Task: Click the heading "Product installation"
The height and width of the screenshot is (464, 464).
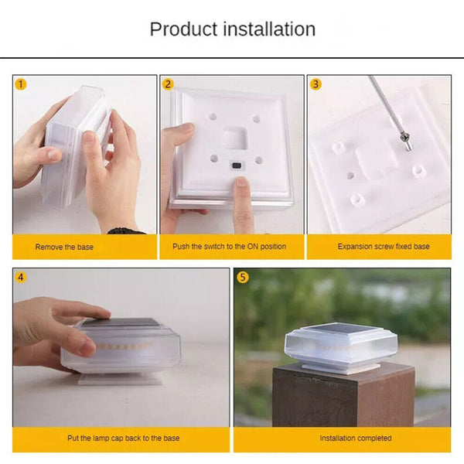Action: [233, 29]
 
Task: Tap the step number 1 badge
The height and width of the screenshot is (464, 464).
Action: [21, 84]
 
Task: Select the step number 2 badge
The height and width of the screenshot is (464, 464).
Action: [168, 84]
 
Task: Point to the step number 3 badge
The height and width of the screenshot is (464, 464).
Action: [316, 84]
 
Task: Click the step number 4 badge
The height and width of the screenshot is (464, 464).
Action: [21, 278]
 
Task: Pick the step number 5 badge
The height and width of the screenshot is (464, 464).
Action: [243, 278]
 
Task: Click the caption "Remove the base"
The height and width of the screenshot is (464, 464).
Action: [64, 247]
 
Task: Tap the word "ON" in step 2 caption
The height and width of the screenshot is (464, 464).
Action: [252, 246]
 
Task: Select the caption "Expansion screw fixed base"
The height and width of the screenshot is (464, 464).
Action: [384, 246]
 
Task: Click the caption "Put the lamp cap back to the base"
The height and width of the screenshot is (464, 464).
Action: [124, 438]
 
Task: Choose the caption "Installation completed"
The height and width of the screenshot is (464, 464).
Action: [356, 438]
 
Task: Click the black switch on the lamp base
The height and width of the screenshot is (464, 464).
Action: [236, 165]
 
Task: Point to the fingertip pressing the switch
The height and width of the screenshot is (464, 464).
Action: [242, 183]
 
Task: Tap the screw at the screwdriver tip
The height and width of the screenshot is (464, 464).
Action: [406, 141]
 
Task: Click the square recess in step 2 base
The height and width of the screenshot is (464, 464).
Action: [234, 138]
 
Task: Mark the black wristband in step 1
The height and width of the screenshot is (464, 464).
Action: [126, 230]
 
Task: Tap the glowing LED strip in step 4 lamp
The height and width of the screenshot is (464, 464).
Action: [125, 346]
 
